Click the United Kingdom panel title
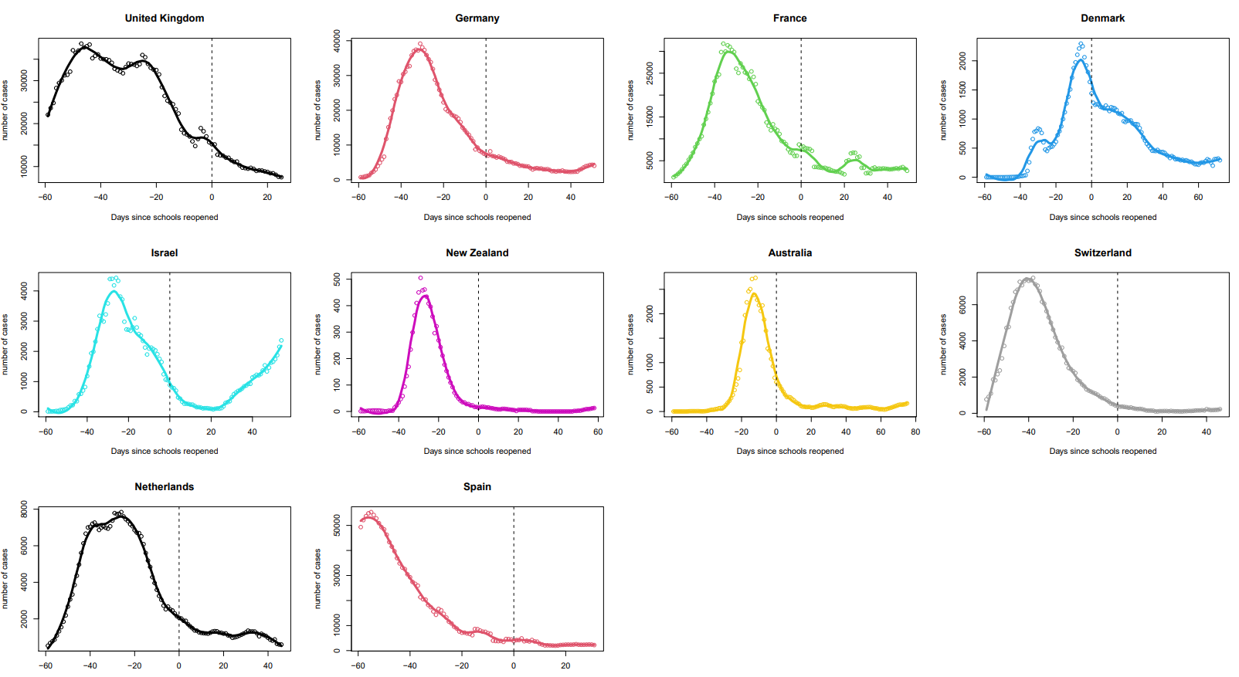(x=165, y=18)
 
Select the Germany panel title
(x=477, y=18)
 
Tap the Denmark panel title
(x=1102, y=18)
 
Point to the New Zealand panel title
(x=477, y=252)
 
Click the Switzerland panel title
(x=1102, y=252)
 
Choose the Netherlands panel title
(x=165, y=486)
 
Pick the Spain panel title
(x=477, y=486)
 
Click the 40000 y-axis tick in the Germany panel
(x=337, y=41)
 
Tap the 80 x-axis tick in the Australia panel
(x=915, y=432)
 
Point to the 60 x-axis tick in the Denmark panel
(x=1198, y=197)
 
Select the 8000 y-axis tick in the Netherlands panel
(x=24, y=509)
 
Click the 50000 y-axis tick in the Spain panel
(x=337, y=526)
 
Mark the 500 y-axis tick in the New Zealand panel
(x=337, y=279)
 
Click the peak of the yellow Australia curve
(x=754, y=293)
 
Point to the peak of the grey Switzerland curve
(x=1027, y=279)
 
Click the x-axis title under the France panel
(x=789, y=217)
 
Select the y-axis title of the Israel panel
(x=5, y=344)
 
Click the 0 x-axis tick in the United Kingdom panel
(x=212, y=197)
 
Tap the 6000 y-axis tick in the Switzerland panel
(x=962, y=305)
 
